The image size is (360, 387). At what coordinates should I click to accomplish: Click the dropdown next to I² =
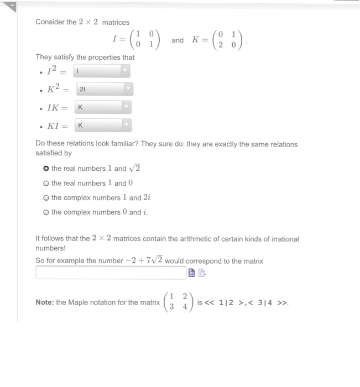pos(102,71)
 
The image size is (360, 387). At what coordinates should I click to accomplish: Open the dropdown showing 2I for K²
pos(104,89)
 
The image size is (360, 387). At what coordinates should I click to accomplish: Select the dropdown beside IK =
pos(104,107)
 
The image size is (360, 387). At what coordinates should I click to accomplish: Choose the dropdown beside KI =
pos(104,125)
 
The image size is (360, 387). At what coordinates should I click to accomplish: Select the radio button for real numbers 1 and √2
pos(45,169)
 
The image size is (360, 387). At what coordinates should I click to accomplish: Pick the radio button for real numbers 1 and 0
pos(45,183)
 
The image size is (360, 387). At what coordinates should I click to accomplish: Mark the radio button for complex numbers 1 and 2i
pos(45,197)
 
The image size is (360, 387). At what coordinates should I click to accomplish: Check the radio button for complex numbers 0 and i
pos(45,212)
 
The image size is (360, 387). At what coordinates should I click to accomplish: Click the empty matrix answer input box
pos(111,273)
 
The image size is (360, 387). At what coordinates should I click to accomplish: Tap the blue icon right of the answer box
pos(192,273)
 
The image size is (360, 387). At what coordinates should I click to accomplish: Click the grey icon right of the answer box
pos(201,273)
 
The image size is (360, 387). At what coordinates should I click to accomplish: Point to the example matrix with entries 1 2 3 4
pos(179,302)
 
